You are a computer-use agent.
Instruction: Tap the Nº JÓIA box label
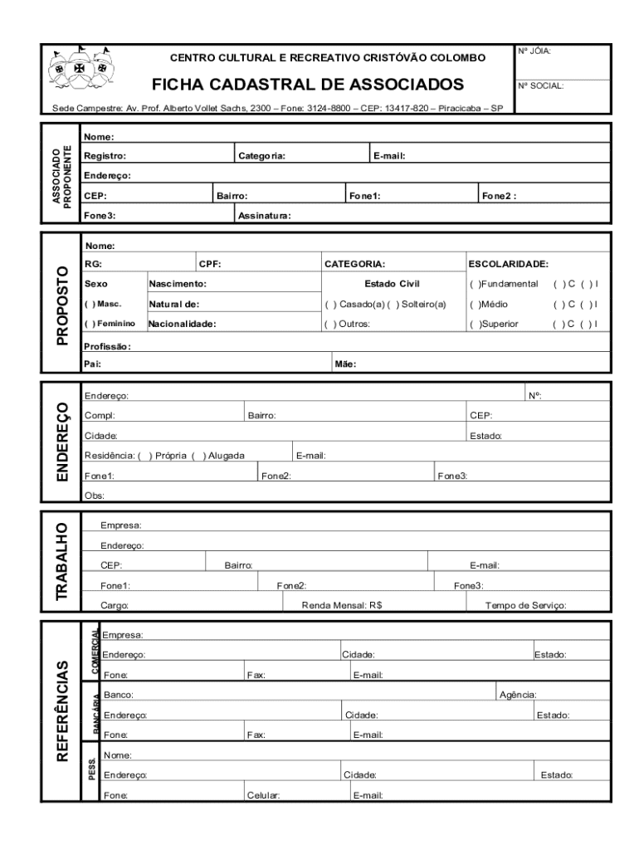(535, 51)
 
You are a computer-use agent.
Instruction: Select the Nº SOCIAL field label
(541, 85)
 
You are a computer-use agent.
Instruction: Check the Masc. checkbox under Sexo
(89, 304)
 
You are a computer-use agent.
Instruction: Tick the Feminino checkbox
(89, 324)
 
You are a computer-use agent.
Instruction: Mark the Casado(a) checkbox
(330, 304)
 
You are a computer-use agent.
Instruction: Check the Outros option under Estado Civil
(330, 324)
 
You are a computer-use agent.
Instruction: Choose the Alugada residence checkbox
(198, 455)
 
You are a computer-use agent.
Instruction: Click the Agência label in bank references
(517, 694)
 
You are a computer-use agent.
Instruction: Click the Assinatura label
(264, 216)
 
